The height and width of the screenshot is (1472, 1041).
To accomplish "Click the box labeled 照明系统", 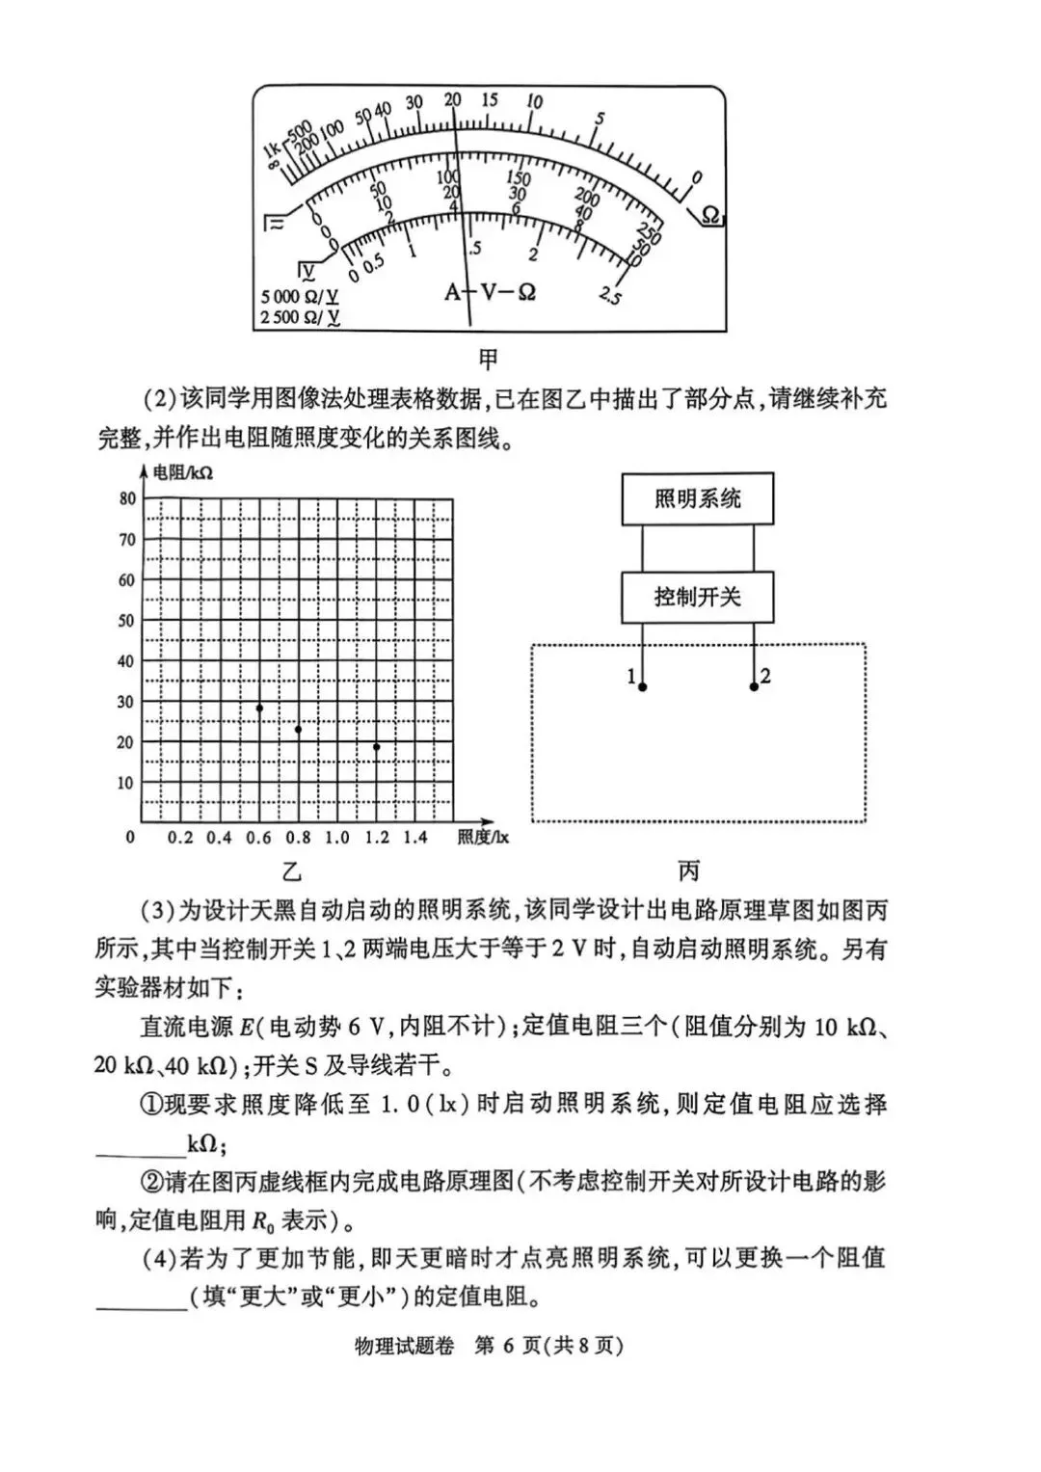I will pos(697,498).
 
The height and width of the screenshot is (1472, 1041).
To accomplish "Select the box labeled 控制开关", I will pos(697,597).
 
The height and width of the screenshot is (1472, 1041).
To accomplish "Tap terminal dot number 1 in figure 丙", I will pos(643,687).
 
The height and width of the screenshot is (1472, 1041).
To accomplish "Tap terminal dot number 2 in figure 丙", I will pos(754,686).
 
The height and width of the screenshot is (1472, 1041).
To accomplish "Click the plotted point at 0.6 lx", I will pos(259,709).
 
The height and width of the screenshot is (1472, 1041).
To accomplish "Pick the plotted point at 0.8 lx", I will pos(298,730).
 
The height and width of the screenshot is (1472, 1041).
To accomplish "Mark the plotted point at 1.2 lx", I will pos(376,747).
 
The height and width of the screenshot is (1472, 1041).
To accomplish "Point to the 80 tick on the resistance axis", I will pos(127,498).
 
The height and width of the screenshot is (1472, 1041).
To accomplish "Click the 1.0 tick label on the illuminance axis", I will pos(336,838).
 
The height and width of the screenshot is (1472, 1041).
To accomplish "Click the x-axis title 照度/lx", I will pos(483,838).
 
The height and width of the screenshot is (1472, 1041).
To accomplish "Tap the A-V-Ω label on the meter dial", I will pos(490,291).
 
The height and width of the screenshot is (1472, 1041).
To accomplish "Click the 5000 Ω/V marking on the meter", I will pos(299,296).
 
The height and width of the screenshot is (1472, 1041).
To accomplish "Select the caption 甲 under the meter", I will pos(489,360).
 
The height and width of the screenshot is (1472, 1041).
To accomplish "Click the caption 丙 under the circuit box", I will pos(688,871).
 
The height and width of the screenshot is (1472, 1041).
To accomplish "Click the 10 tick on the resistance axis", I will pos(126,783).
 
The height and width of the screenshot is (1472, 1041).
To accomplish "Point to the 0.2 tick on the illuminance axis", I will pos(180,838).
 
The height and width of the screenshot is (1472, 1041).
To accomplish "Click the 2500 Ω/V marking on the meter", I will pos(299,317).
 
